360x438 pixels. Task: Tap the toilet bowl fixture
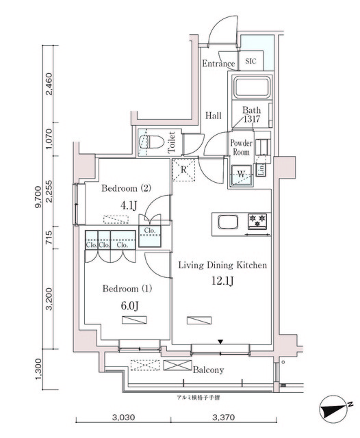coord(146,141)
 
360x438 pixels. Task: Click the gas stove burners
coord(258,220)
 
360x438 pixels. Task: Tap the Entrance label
coord(218,64)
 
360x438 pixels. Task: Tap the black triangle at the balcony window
coord(220,341)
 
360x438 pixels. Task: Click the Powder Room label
coord(241,148)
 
